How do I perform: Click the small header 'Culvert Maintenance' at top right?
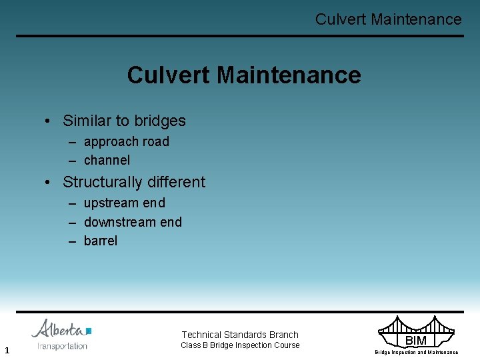point(388,19)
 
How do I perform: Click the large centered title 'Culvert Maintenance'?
point(243,75)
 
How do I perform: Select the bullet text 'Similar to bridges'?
point(124,121)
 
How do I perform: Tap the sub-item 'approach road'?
point(126,141)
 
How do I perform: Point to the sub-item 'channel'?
point(107,160)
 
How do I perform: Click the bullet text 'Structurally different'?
point(133,182)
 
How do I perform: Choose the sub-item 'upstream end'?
point(124,203)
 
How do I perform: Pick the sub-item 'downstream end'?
point(133,222)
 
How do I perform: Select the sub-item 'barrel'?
point(100,241)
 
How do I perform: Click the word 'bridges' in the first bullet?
point(160,121)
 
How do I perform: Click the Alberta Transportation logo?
point(61,334)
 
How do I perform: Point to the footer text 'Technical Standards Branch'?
point(240,335)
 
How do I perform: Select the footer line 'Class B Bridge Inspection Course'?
point(240,345)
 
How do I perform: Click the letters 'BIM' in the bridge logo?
point(416,341)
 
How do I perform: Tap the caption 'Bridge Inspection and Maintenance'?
point(416,352)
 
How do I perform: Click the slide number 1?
point(6,350)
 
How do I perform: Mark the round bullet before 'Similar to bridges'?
point(49,121)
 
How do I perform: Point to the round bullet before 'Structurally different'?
point(49,183)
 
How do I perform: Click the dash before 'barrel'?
point(73,241)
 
